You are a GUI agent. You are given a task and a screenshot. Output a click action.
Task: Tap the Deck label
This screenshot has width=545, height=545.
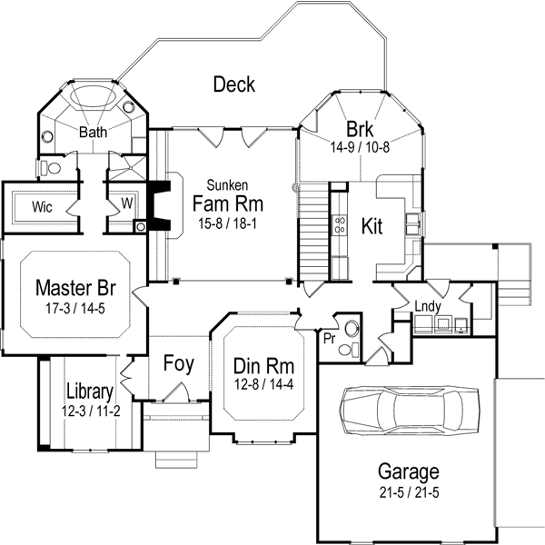[x=233, y=85]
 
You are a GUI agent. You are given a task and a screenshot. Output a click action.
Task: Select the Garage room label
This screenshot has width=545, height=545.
[x=409, y=472]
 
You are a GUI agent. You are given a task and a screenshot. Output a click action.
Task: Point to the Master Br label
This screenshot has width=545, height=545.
[x=75, y=289]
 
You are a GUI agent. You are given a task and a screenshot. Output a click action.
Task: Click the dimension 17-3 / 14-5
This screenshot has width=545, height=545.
[x=75, y=308]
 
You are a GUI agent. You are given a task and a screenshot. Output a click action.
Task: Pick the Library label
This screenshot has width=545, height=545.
[x=89, y=392]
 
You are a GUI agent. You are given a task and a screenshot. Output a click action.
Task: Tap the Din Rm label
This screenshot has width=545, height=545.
[x=263, y=367]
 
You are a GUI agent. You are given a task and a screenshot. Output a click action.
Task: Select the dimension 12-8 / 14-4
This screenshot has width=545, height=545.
[x=263, y=385]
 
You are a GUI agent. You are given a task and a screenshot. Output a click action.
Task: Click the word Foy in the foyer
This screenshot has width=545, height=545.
[x=178, y=364]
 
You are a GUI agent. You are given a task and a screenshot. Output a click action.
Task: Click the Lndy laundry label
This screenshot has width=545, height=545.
[x=427, y=307]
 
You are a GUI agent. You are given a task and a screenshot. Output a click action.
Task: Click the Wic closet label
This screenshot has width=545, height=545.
[x=41, y=206]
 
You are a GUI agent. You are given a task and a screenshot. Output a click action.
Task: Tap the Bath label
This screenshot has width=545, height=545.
[x=93, y=133]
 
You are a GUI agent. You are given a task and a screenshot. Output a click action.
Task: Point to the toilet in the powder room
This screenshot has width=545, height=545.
[x=352, y=331]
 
